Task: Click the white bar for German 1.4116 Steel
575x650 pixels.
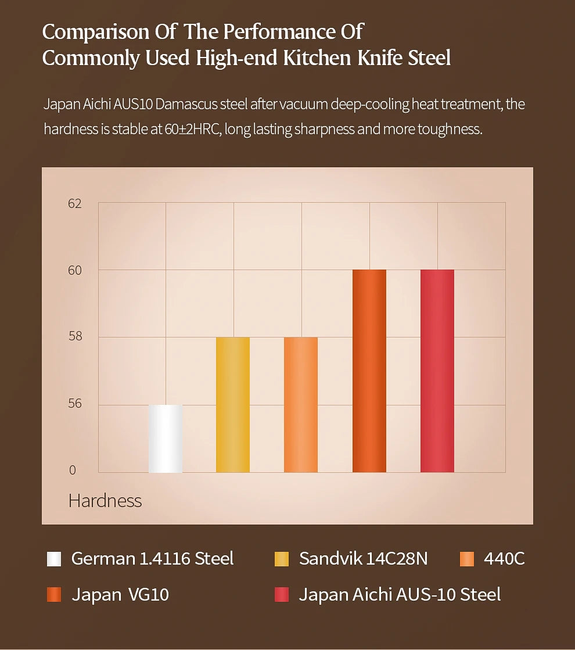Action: pos(166,439)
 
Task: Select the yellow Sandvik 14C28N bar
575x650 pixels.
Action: pos(233,405)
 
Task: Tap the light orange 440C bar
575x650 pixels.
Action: pos(301,405)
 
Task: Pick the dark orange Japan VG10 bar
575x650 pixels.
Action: pos(369,371)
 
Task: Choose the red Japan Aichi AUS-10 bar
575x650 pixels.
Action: pos(437,371)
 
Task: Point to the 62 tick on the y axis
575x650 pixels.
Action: pos(74,204)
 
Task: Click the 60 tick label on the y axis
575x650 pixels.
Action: pos(74,270)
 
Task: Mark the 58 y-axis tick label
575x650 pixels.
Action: pos(74,336)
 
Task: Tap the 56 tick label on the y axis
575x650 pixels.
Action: pos(74,404)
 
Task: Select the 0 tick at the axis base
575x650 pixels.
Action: pos(73,471)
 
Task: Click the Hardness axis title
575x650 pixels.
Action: pos(105,501)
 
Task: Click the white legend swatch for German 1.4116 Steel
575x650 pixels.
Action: pos(54,559)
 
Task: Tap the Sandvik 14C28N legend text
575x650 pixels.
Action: pos(363,559)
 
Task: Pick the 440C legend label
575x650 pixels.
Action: pos(504,559)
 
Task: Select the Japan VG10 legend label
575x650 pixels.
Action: pos(120,595)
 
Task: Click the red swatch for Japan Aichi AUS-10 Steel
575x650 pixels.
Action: pos(281,595)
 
